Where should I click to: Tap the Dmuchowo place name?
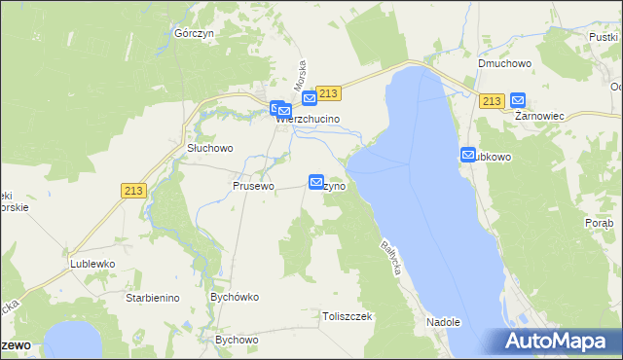(x=502, y=64)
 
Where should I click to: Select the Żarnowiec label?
(x=540, y=115)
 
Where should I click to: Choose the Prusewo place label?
(x=253, y=185)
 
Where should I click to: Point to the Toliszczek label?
(x=348, y=316)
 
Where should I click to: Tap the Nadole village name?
(x=442, y=322)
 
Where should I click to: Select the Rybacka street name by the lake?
(x=391, y=256)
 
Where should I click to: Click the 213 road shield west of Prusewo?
(x=134, y=192)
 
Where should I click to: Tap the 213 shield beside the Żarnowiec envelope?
(x=492, y=101)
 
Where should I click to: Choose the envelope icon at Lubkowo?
(x=468, y=156)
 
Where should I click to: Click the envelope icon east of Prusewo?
(x=316, y=182)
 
